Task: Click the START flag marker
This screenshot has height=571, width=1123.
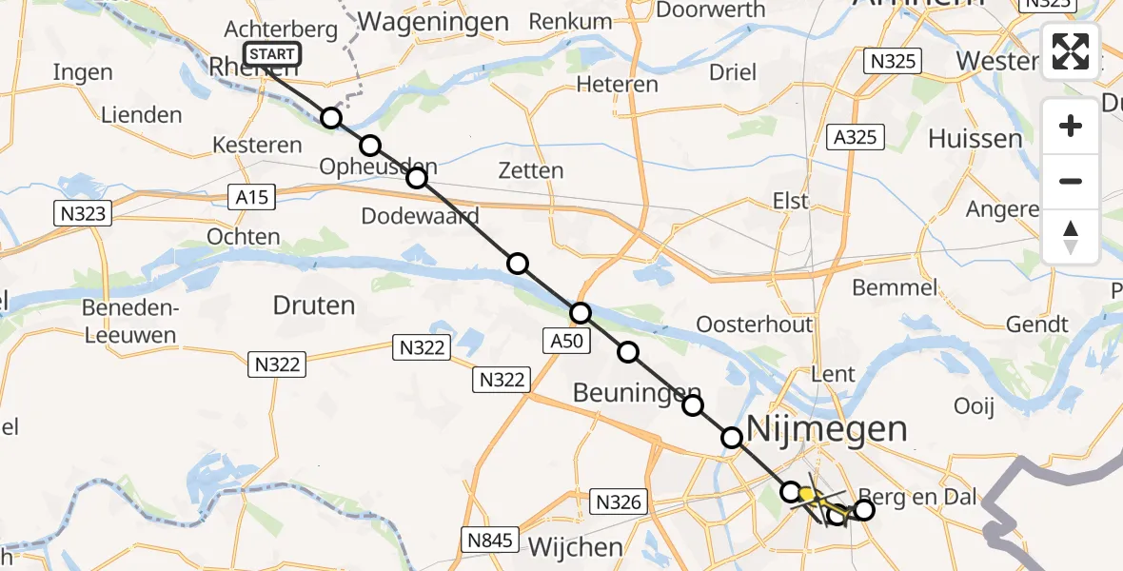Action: click(272, 55)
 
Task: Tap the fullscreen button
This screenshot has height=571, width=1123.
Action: click(1071, 51)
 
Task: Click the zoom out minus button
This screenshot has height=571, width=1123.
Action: click(1071, 181)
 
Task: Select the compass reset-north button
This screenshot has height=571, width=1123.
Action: click(1071, 237)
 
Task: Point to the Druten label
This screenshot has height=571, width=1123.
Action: click(313, 305)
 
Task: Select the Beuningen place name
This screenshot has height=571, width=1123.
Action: click(637, 392)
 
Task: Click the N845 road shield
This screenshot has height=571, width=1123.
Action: click(491, 541)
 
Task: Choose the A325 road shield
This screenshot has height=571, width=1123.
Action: click(856, 138)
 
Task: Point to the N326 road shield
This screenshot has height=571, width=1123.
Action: click(620, 501)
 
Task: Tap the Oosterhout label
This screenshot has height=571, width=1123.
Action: click(755, 324)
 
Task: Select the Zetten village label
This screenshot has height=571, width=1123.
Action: click(530, 171)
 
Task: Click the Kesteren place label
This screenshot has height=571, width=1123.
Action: click(257, 146)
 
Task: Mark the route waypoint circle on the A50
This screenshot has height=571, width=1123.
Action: click(581, 313)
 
